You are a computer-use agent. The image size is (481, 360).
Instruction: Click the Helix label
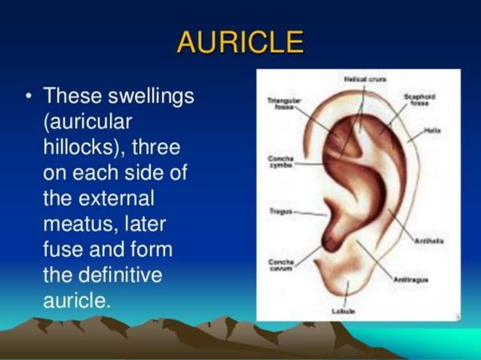pyautogui.click(x=431, y=130)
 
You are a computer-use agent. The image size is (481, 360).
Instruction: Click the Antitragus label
pyautogui.click(x=411, y=279)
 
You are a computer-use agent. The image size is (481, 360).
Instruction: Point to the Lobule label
pyautogui.click(x=344, y=310)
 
